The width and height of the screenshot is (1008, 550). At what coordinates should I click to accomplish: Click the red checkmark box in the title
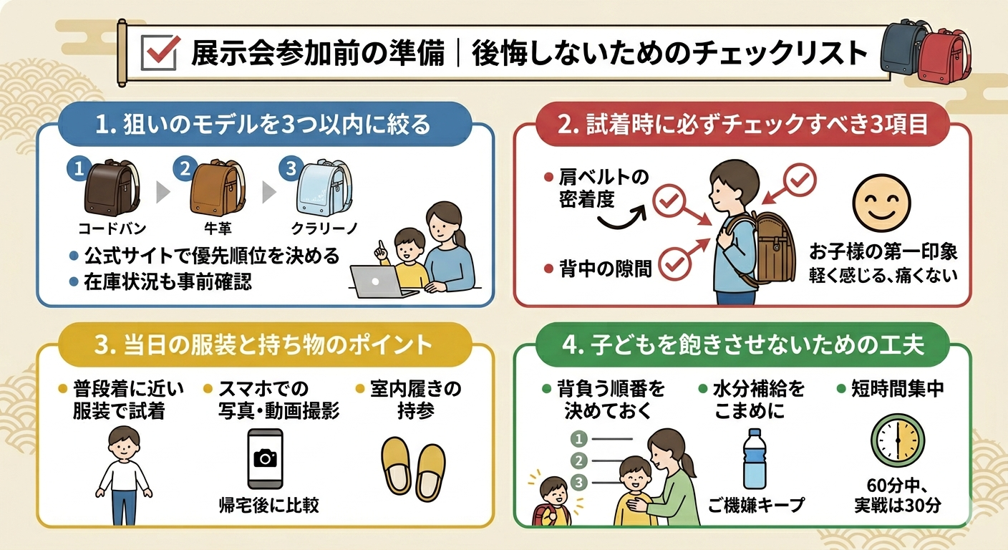[160, 52]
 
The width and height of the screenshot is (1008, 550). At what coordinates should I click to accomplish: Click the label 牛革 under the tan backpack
[218, 228]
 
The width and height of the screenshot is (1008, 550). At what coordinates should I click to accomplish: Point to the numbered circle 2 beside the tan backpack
[185, 168]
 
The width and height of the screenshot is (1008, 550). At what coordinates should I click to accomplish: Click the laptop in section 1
[382, 281]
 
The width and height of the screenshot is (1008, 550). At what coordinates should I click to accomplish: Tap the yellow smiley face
[881, 203]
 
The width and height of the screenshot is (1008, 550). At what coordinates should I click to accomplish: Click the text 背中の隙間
[605, 269]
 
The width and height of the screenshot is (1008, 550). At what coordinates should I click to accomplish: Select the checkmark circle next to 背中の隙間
[675, 264]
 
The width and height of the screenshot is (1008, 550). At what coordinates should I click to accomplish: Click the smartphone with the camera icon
[266, 458]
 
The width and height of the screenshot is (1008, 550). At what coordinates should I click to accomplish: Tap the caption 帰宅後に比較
[268, 506]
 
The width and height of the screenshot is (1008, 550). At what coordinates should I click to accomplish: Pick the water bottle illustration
[755, 458]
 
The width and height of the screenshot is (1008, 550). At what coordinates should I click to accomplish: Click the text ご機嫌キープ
[756, 505]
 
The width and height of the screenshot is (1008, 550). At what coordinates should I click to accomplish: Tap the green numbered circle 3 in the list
[579, 483]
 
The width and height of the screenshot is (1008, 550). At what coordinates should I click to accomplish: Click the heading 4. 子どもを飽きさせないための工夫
[743, 345]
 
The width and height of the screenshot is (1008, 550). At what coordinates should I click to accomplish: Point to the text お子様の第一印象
[883, 251]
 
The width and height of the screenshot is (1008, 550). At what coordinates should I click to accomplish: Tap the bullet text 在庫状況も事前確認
[168, 282]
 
